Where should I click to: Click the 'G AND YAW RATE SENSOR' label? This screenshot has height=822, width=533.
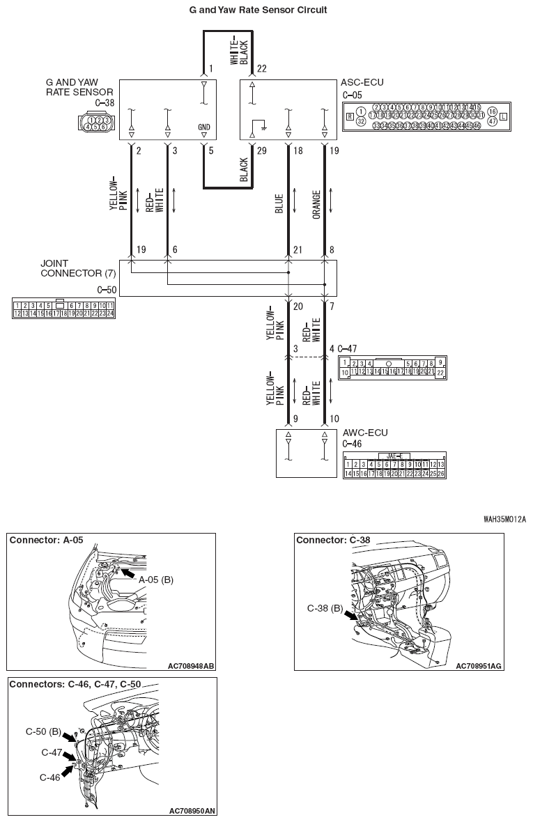(79, 87)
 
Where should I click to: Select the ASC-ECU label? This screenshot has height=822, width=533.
(362, 82)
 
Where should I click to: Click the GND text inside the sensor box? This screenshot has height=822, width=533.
(203, 127)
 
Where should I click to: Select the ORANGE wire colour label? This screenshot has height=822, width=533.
(316, 205)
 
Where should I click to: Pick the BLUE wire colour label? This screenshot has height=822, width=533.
(279, 203)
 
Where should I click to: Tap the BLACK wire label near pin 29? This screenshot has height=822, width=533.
(244, 169)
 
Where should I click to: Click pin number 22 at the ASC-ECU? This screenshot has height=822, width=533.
(261, 68)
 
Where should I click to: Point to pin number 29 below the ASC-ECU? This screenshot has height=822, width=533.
(261, 150)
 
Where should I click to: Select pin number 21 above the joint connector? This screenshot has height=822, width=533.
(298, 249)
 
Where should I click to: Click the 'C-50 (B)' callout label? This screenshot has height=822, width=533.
(43, 732)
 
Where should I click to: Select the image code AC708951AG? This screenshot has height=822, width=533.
(478, 666)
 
